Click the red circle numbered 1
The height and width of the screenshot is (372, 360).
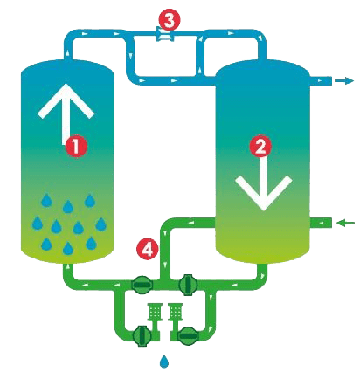pos(76,147)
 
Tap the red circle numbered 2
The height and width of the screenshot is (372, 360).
pos(260,147)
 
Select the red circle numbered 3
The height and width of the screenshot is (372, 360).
pos(170,20)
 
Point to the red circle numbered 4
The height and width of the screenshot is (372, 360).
pos(148,250)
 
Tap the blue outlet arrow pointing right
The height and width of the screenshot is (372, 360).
pos(344,80)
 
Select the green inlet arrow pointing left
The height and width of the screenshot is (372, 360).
pos(345,224)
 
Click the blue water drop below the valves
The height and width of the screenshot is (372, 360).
pos(164,361)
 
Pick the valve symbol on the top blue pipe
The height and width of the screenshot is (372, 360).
pos(165,34)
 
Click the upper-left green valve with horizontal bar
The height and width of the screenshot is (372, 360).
pos(142,284)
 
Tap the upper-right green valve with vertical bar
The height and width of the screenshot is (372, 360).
pos(188,285)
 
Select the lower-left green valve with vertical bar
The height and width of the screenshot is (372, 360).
pos(142,336)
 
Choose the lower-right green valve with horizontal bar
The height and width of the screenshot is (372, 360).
pos(188,336)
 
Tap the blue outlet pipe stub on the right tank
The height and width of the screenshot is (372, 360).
pos(321,80)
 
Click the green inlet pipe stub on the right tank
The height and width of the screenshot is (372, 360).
pos(321,223)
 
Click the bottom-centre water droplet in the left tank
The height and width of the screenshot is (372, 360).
pos(68,248)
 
